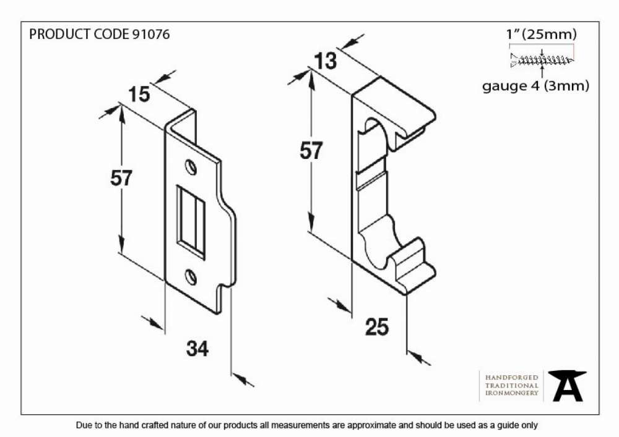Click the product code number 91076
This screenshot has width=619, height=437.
(x=151, y=34)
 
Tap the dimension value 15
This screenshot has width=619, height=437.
(x=139, y=95)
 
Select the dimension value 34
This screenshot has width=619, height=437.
(x=197, y=349)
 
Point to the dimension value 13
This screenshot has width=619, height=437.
(x=326, y=61)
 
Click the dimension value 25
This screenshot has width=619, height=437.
(x=376, y=327)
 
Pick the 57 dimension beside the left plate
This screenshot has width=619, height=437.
(x=121, y=178)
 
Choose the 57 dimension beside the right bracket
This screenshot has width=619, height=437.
(x=311, y=151)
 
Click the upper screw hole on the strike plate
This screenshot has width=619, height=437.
(x=191, y=167)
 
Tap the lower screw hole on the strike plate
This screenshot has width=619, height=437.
(x=191, y=277)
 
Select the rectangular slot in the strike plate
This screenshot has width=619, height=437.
(x=191, y=222)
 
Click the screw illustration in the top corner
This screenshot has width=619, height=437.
(x=542, y=60)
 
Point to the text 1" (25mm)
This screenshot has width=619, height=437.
(x=542, y=34)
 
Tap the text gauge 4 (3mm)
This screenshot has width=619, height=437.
(x=535, y=85)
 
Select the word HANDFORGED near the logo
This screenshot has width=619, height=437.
(x=512, y=378)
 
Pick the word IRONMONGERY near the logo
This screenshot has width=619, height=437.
(x=512, y=393)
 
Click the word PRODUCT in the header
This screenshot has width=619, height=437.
(x=60, y=34)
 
